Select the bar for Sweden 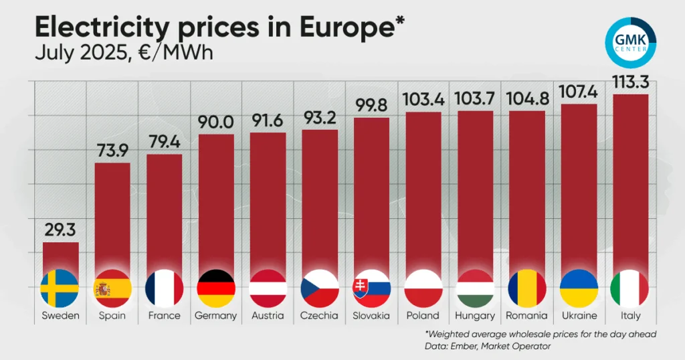60,258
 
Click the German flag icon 216,288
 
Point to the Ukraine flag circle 578,288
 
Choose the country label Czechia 319,315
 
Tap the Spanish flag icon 112,288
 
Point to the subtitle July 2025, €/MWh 124,53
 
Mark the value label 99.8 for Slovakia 371,106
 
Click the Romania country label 526,315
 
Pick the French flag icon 164,288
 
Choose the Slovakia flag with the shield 371,288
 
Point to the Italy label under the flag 629,315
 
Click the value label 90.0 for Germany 216,123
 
